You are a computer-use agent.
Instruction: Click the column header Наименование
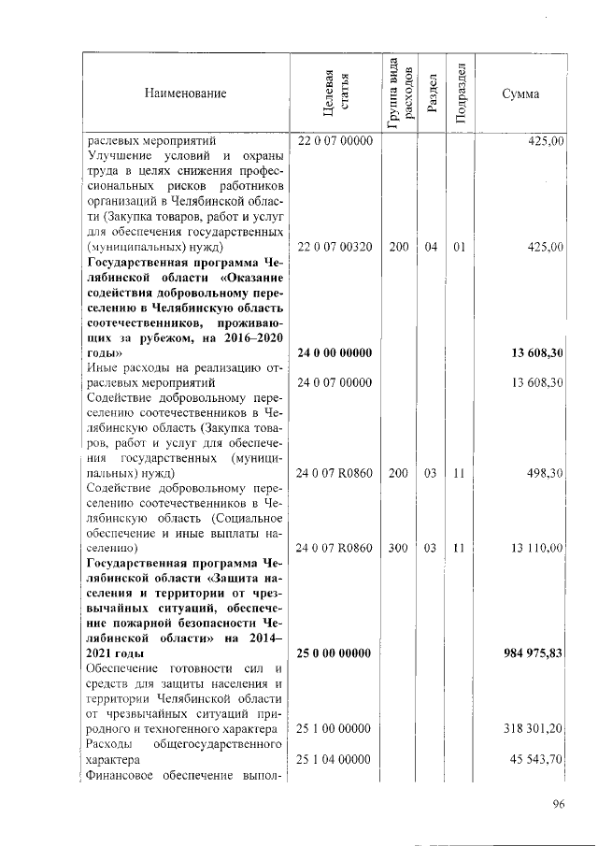[x=185, y=93]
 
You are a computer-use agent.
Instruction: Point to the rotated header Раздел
[x=431, y=93]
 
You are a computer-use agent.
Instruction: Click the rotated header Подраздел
[x=459, y=93]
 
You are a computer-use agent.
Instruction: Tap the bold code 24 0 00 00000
[x=335, y=353]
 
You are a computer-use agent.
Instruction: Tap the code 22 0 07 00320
[x=335, y=247]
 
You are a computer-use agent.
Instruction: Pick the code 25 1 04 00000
[x=335, y=759]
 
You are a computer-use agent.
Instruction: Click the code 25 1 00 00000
[x=335, y=727]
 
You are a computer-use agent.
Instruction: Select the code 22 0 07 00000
[x=335, y=140]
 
